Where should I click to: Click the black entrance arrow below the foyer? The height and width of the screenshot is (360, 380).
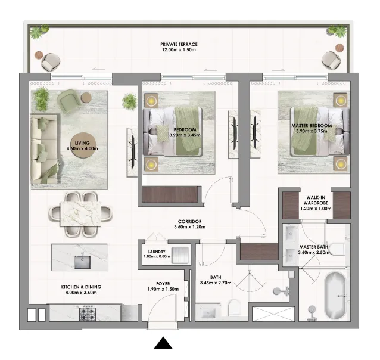[164, 343]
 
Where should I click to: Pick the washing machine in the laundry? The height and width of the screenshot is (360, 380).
[182, 256]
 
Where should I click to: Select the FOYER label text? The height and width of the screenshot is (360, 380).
[159, 286]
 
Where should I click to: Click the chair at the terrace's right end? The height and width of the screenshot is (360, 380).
[330, 60]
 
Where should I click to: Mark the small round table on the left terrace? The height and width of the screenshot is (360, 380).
[40, 56]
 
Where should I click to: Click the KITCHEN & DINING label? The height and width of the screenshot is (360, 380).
[79, 290]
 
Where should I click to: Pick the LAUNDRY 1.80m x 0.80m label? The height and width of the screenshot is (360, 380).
[158, 255]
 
